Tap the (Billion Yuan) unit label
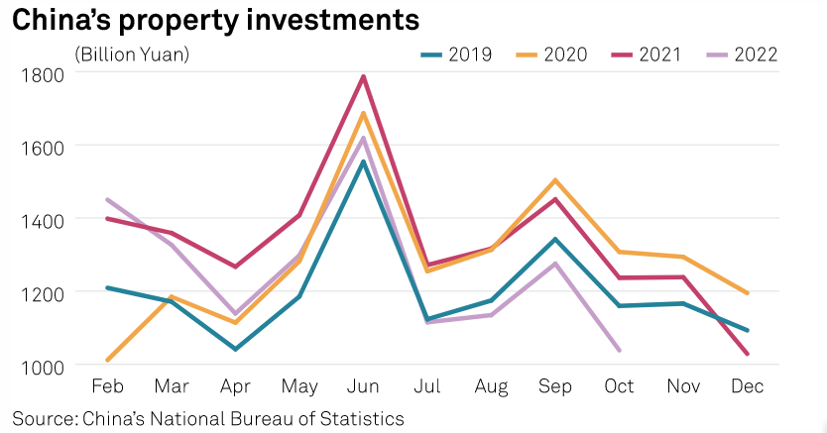pyautogui.click(x=132, y=54)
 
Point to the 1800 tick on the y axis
pyautogui.click(x=40, y=73)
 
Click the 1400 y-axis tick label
pyautogui.click(x=40, y=219)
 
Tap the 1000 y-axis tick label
pyautogui.click(x=40, y=366)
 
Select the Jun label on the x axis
pyautogui.click(x=363, y=385)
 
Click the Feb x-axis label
pyautogui.click(x=106, y=385)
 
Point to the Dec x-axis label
pyautogui.click(x=747, y=385)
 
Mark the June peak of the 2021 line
pyautogui.click(x=363, y=76)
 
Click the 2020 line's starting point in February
pyautogui.click(x=106, y=360)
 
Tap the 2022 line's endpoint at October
pyautogui.click(x=619, y=350)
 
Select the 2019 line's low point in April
pyautogui.click(x=235, y=349)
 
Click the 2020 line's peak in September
pyautogui.click(x=554, y=180)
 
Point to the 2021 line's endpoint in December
pyautogui.click(x=747, y=354)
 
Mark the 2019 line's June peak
pyautogui.click(x=363, y=162)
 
